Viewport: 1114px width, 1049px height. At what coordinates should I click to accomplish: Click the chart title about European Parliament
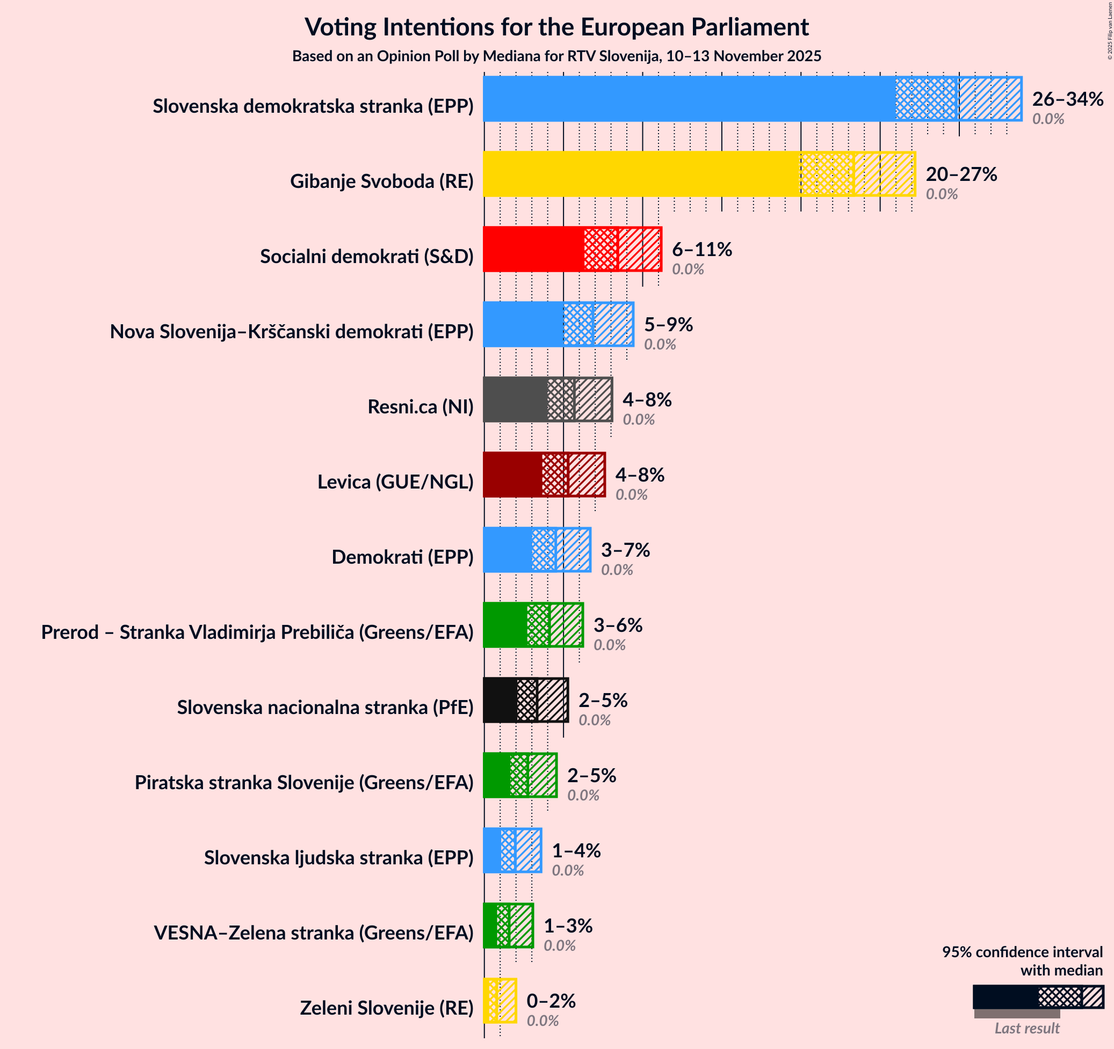point(556,27)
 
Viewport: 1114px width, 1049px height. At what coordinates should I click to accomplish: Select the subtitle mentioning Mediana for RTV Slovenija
point(556,56)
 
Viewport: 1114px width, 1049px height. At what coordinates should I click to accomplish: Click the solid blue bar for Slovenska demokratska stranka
point(689,99)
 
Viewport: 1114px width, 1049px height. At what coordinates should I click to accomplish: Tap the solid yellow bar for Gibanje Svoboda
point(641,174)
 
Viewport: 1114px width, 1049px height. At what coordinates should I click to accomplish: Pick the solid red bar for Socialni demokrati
point(533,249)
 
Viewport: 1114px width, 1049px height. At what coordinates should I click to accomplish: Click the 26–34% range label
point(1067,99)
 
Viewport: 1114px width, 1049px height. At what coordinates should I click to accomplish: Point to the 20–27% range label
point(961,174)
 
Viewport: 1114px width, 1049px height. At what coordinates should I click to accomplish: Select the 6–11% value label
point(701,249)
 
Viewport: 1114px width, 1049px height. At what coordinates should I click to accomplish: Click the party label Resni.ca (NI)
point(420,406)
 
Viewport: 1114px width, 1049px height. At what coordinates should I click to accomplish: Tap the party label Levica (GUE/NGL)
point(395,482)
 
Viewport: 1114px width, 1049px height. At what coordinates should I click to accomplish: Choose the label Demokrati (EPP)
point(402,557)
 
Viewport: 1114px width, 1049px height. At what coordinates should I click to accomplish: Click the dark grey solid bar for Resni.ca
point(515,399)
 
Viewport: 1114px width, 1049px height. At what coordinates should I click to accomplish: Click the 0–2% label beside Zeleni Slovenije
point(551,1001)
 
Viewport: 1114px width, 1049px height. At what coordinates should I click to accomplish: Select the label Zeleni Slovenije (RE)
point(387,1008)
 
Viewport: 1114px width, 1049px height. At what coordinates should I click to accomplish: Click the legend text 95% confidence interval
point(1022,952)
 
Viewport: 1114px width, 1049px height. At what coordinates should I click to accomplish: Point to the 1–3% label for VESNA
point(568,926)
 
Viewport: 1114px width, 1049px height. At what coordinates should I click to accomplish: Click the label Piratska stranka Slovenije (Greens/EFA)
point(303,782)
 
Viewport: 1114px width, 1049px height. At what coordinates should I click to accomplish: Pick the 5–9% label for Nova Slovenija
point(668,324)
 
